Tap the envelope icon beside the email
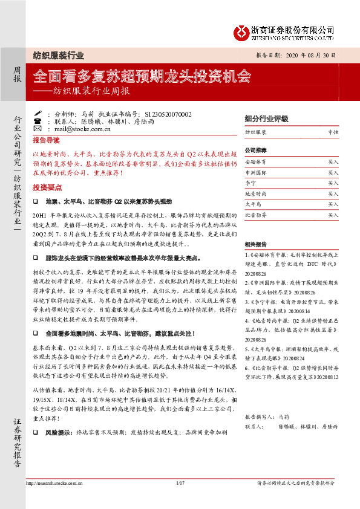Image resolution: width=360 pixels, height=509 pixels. pos(38,129)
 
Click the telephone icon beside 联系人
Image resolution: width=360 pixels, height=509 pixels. pos(38,121)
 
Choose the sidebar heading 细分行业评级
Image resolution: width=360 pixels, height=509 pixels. pos(266,118)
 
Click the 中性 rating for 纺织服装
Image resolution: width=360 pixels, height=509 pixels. pos(333,131)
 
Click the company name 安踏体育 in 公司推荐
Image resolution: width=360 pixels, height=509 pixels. pos(255,163)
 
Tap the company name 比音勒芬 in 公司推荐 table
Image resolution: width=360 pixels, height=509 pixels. pos(255,215)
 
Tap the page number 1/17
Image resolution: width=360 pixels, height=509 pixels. pos(180,484)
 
